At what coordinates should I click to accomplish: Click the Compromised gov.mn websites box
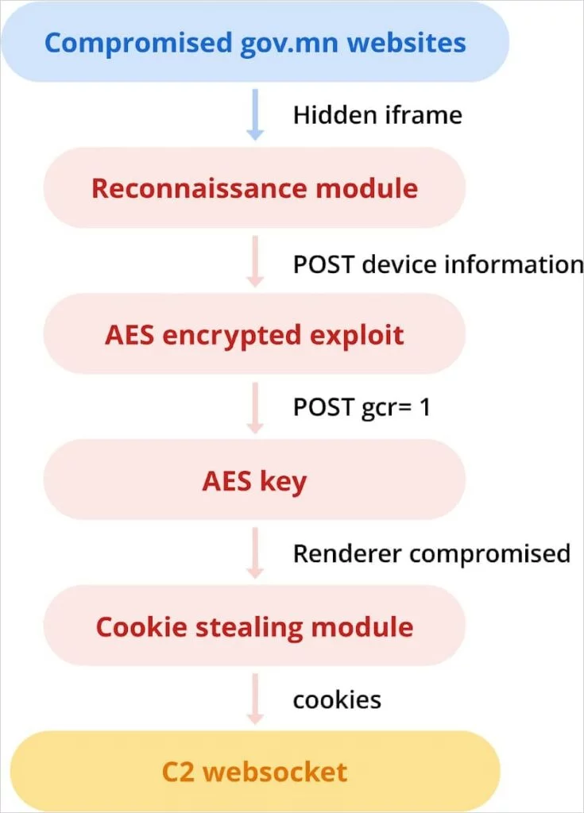(254, 41)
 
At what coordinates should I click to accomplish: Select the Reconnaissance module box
(254, 188)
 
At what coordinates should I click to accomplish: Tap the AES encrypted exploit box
(254, 334)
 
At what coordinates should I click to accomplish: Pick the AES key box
(254, 480)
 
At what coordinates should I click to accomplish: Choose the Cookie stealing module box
(254, 626)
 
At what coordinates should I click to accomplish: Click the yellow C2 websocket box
(254, 771)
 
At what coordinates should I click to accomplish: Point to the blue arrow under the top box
(255, 116)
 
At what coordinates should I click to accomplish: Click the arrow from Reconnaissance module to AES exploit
(255, 260)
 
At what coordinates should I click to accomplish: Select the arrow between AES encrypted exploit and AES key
(255, 407)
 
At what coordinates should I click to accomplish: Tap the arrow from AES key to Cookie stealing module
(255, 553)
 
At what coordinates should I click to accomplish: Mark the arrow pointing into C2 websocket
(255, 699)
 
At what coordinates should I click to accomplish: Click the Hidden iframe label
(377, 115)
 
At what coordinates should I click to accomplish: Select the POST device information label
(438, 264)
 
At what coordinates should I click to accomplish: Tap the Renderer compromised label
(431, 553)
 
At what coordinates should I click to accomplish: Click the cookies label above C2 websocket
(337, 699)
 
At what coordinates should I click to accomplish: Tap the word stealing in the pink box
(247, 627)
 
